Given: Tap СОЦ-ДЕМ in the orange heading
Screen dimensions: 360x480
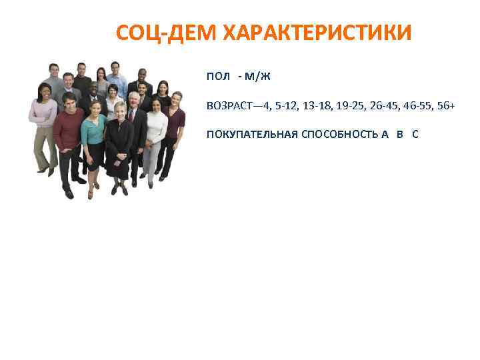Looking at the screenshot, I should click(170, 33).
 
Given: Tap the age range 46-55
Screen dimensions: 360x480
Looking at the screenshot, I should click(418, 106).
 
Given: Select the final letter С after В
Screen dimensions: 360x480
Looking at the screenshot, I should click(415, 134).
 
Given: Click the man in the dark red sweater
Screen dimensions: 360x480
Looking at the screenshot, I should click(69, 130).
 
